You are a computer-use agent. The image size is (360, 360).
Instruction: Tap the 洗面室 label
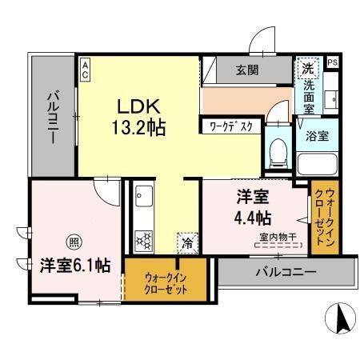tap(308, 91)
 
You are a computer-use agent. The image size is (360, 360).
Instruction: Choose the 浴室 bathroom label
tap(317, 136)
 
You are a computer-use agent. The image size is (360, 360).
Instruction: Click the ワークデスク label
tap(231, 126)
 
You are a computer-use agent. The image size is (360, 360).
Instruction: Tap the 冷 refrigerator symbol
tap(186, 240)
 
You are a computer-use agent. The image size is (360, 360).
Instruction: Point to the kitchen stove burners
tap(145, 239)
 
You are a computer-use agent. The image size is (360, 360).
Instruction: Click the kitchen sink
tap(143, 198)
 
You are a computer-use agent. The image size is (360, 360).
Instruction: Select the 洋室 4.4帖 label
tap(252, 206)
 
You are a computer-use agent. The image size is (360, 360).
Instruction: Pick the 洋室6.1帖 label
tap(75, 264)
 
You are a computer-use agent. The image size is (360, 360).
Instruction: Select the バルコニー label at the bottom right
tap(286, 272)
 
